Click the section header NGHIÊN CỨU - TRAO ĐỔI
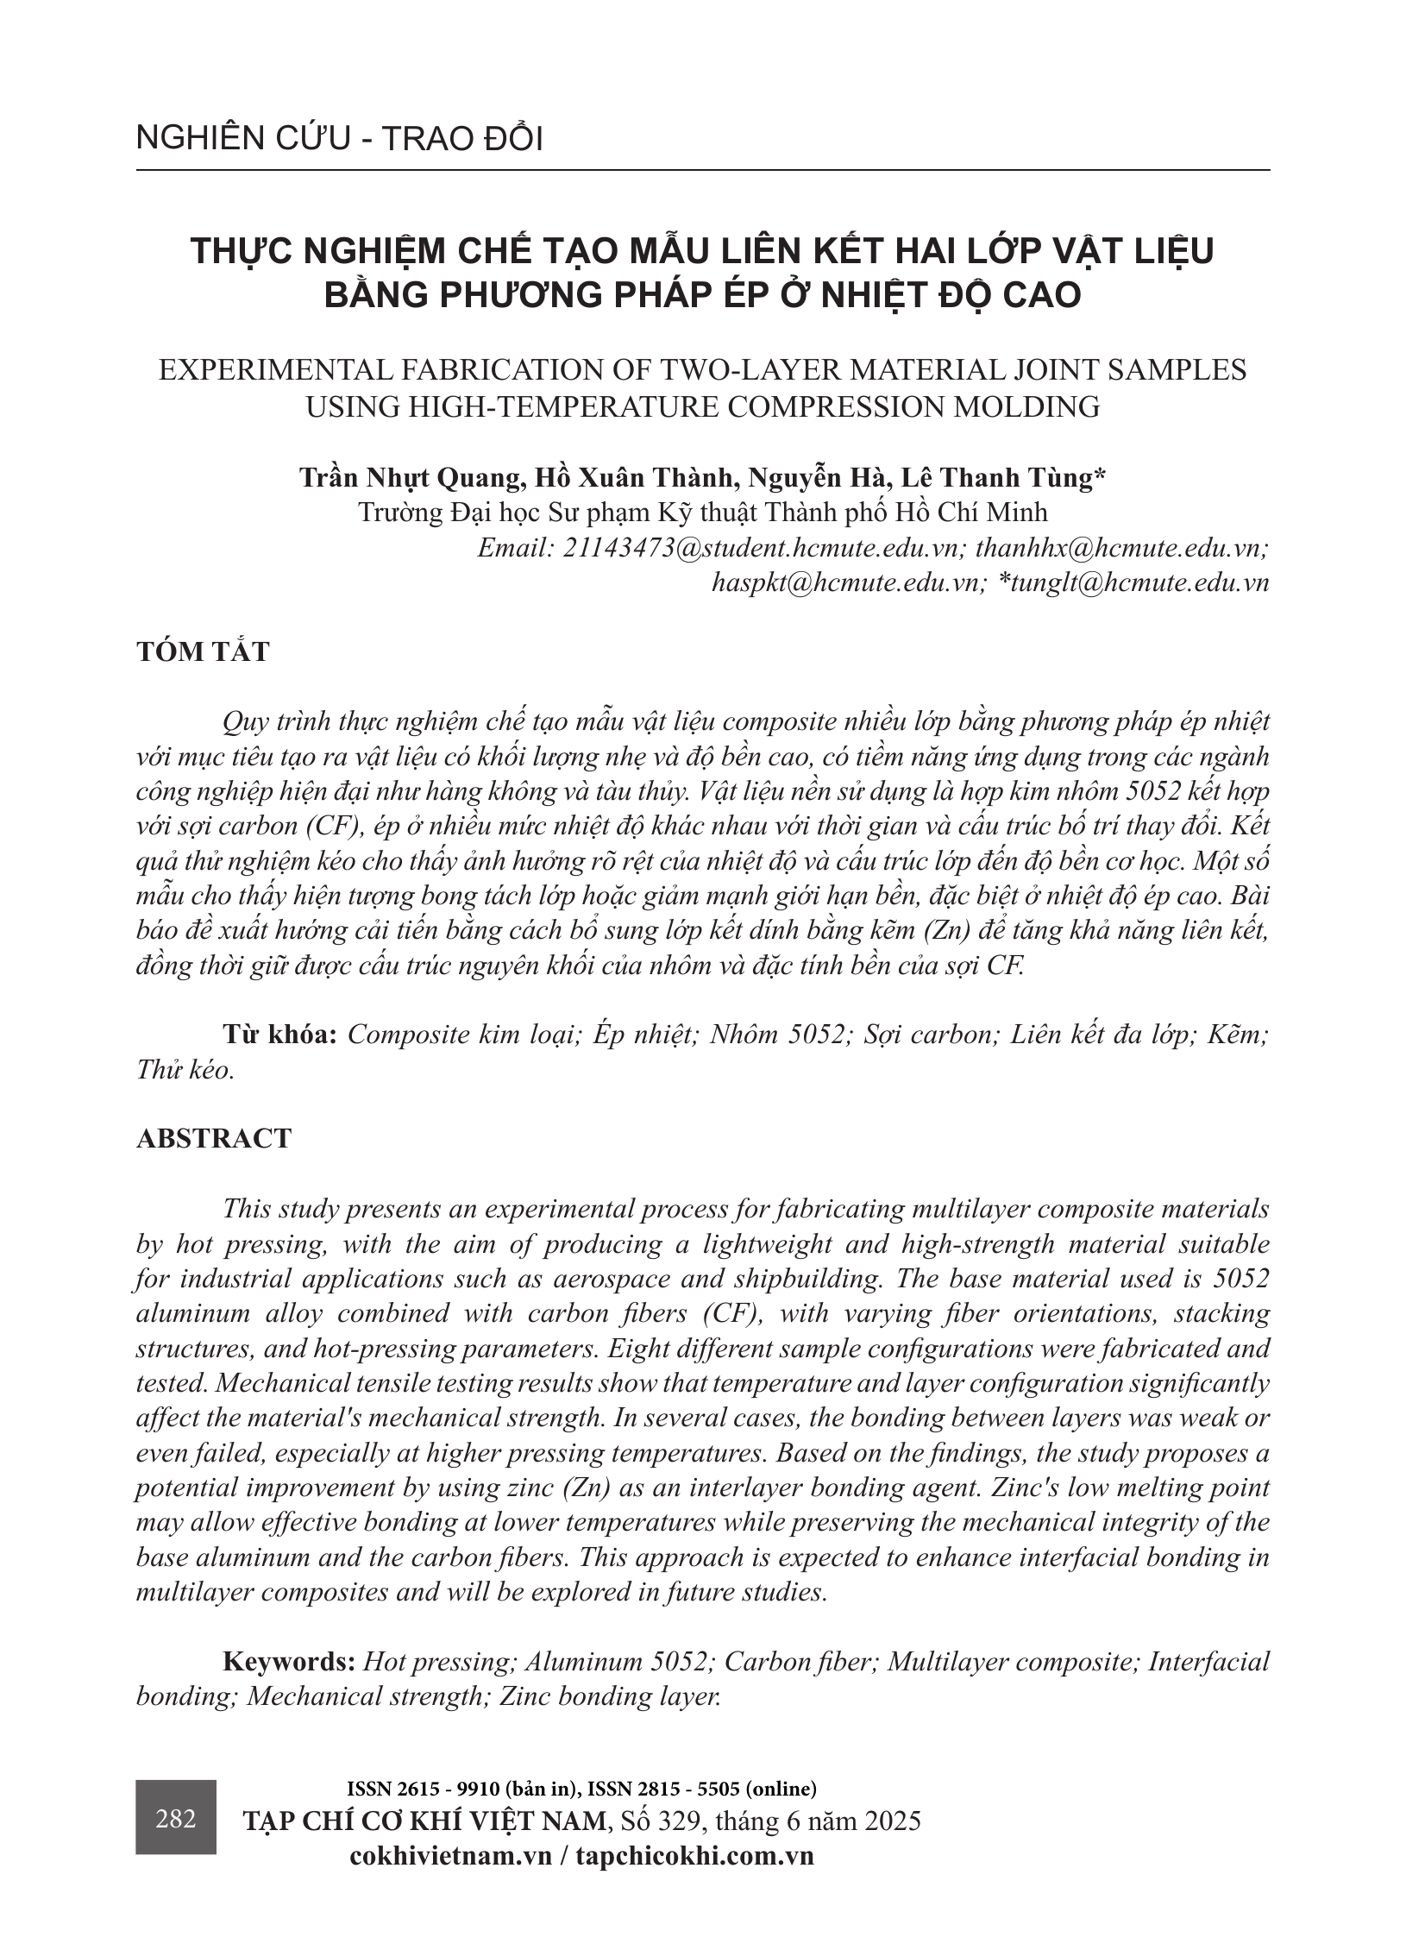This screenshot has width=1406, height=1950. click(339, 139)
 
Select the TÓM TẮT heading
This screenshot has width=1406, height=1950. click(203, 651)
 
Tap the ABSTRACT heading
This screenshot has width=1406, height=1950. click(213, 1138)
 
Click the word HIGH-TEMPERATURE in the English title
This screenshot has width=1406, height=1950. click(520, 406)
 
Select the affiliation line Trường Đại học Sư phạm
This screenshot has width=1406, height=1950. click(702, 513)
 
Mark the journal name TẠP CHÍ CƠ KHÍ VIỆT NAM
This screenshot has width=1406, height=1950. click(424, 1821)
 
